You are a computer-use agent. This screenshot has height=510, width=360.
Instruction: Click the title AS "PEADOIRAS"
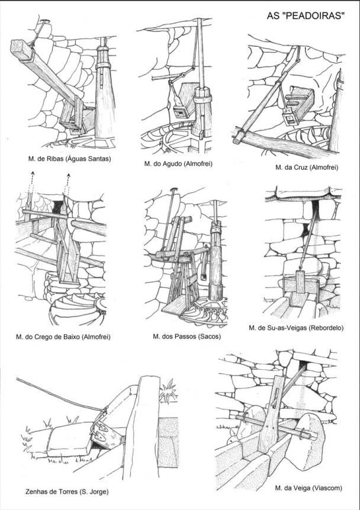pyautogui.click(x=305, y=17)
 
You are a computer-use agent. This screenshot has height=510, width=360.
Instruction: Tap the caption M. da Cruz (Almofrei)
pyautogui.click(x=307, y=167)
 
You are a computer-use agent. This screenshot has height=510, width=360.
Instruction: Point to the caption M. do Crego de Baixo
pyautogui.click(x=64, y=337)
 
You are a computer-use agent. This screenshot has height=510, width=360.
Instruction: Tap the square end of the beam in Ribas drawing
pyautogui.click(x=20, y=47)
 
